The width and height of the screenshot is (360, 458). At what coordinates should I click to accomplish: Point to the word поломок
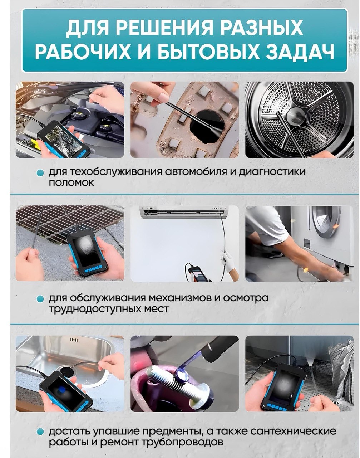[71, 182]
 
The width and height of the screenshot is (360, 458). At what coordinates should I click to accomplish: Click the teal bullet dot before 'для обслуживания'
[40, 299]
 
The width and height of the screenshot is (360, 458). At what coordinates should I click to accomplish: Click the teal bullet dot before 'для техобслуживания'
[40, 173]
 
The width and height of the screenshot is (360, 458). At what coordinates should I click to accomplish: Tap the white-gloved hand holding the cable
[228, 261]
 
